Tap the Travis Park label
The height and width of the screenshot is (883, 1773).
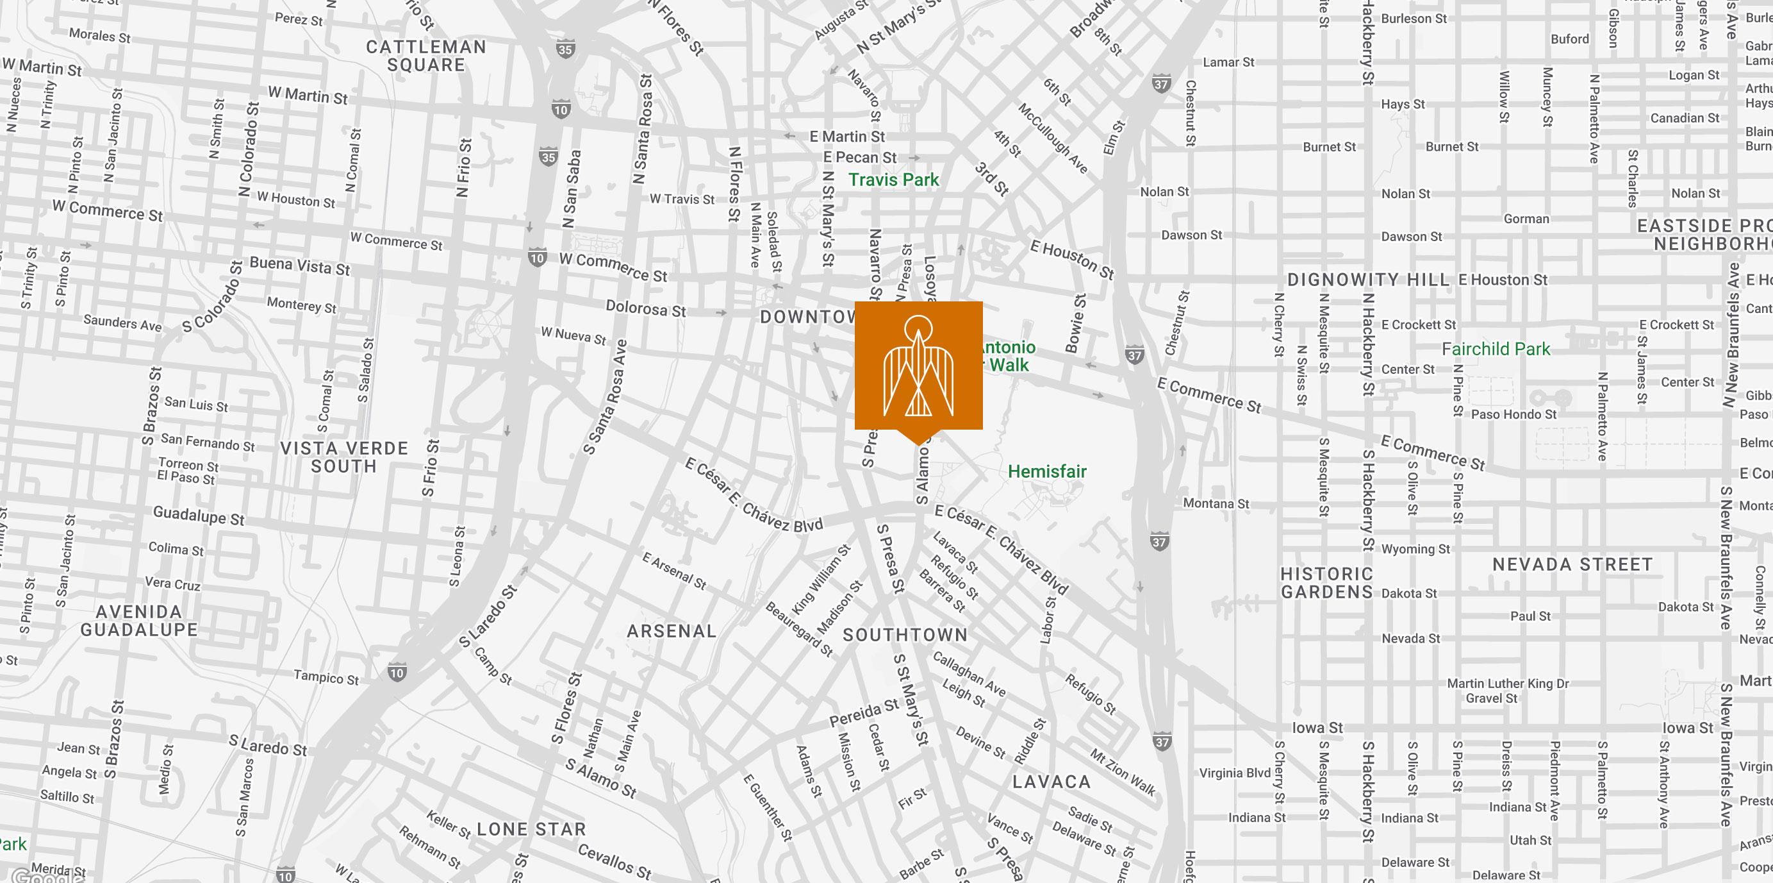[x=893, y=180]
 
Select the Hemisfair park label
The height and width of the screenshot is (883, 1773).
[x=1046, y=472]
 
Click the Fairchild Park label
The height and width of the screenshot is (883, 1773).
[x=1496, y=349]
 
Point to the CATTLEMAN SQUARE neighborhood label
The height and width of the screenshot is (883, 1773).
[x=426, y=56]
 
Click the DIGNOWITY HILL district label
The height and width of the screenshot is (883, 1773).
[x=1367, y=280]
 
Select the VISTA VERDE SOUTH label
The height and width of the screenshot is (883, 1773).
[x=343, y=457]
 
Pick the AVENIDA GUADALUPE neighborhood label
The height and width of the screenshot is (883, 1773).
[x=139, y=621]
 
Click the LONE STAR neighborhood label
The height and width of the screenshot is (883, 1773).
[x=531, y=829]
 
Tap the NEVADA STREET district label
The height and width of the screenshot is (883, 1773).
[x=1572, y=565]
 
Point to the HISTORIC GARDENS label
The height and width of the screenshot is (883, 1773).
[x=1326, y=583]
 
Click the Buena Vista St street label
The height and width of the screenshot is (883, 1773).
[x=299, y=265]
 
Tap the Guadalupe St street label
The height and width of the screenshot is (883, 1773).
[x=198, y=515]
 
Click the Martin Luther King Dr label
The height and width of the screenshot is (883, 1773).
[x=1507, y=684]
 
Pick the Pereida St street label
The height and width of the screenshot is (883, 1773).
[x=863, y=713]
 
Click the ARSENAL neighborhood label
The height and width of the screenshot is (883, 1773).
[x=671, y=631]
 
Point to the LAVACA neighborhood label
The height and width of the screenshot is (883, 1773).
[x=1051, y=782]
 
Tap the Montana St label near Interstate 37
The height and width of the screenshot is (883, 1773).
[x=1216, y=503]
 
